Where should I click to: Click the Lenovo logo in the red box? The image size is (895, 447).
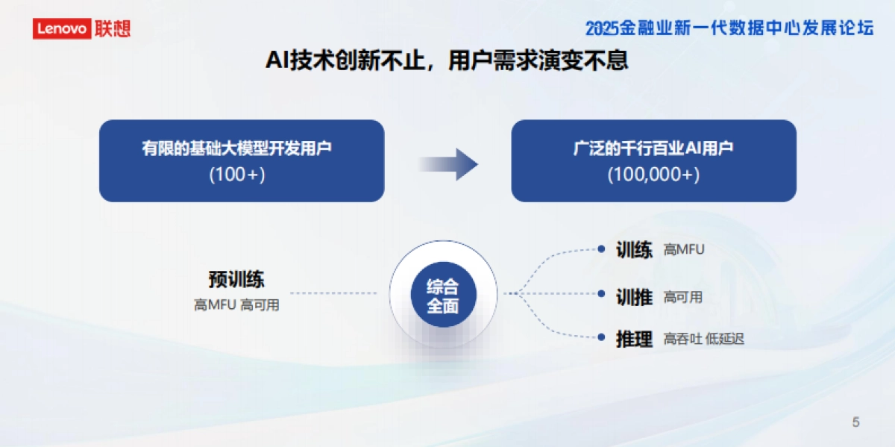pyautogui.click(x=62, y=29)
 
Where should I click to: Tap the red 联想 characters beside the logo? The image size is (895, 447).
pyautogui.click(x=112, y=29)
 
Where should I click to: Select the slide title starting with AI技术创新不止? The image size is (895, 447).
pyautogui.click(x=447, y=60)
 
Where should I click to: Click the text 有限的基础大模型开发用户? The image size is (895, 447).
pyautogui.click(x=237, y=148)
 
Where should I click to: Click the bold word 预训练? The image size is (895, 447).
pyautogui.click(x=236, y=280)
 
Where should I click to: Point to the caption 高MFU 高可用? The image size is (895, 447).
pyautogui.click(x=236, y=305)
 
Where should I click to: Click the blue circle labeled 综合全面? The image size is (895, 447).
pyautogui.click(x=443, y=296)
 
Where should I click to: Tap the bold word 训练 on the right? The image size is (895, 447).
pyautogui.click(x=634, y=250)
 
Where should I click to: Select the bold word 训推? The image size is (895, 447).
pyautogui.click(x=634, y=297)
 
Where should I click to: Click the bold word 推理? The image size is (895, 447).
pyautogui.click(x=634, y=339)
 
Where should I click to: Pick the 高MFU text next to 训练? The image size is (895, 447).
pyautogui.click(x=684, y=250)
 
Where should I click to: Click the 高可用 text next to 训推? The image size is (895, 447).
pyautogui.click(x=683, y=297)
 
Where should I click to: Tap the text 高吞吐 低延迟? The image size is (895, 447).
pyautogui.click(x=703, y=340)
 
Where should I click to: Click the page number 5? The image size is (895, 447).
pyautogui.click(x=855, y=422)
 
